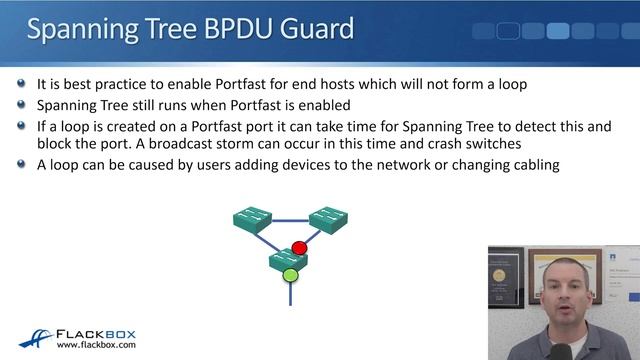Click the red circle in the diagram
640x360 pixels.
tap(299, 247)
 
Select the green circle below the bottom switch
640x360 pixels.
tap(290, 274)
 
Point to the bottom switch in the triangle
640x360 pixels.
tap(288, 259)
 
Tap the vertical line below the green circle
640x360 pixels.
tap(290, 293)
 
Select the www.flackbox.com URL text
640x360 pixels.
tap(96, 346)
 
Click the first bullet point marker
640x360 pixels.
tap(22, 85)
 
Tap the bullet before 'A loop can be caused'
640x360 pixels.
tap(22, 165)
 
